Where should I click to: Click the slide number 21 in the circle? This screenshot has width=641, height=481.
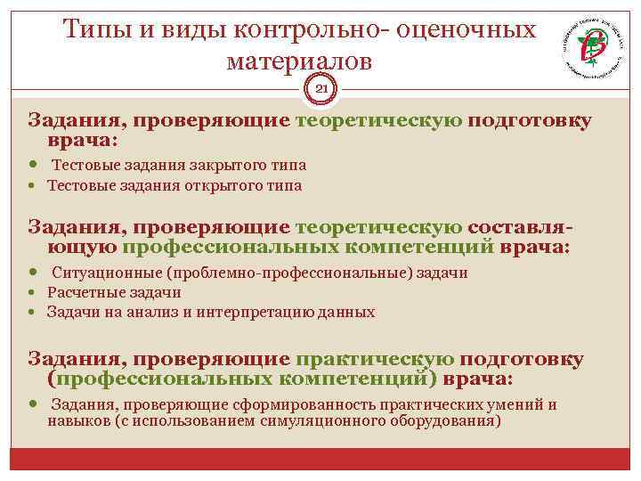coord(321,88)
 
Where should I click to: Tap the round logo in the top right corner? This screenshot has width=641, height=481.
coord(589,49)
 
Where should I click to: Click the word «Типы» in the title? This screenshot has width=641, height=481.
coord(99,29)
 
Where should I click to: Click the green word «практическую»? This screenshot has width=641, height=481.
coord(375,359)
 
